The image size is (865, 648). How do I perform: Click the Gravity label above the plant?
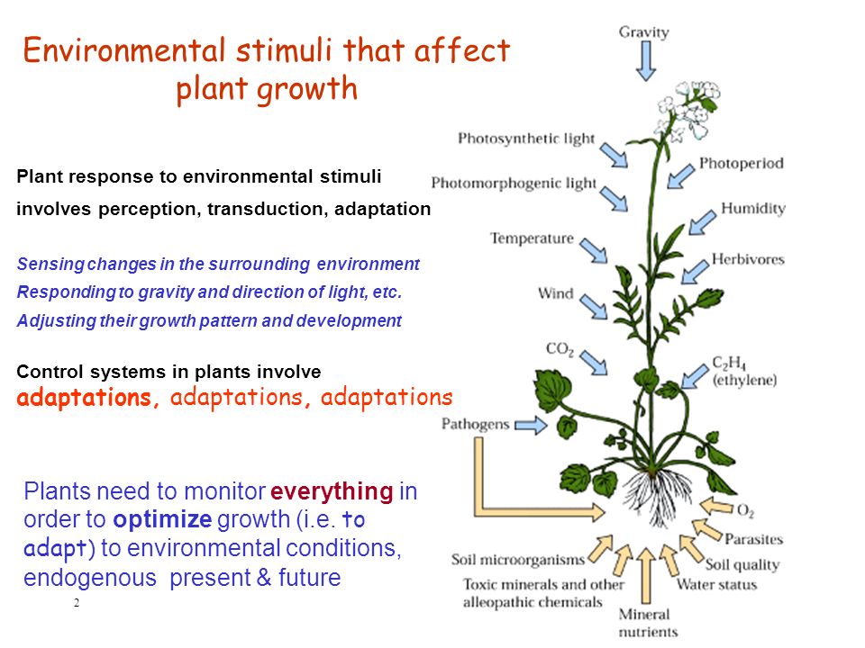pos(643,32)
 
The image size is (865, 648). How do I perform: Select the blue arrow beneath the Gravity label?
pos(645,61)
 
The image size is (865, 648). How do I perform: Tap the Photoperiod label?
pos(741,163)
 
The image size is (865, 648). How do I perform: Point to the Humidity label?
pos(753,208)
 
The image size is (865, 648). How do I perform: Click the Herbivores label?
pos(748,259)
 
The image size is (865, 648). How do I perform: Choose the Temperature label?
pos(532,238)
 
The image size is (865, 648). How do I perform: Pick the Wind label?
pos(556,293)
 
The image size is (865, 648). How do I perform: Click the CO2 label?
pos(560,349)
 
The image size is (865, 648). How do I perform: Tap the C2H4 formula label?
pos(729,363)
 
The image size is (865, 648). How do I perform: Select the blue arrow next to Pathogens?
pos(531,425)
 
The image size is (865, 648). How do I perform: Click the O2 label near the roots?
pos(745,511)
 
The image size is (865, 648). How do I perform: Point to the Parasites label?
pos(753,539)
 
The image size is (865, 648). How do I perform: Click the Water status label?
pos(716,584)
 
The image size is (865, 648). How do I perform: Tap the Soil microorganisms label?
pos(517,560)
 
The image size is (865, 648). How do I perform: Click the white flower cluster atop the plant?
pos(687,109)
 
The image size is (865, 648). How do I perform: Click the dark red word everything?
pos(332,491)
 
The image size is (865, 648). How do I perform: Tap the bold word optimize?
pos(162,519)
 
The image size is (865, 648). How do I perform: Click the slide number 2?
pos(77,603)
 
